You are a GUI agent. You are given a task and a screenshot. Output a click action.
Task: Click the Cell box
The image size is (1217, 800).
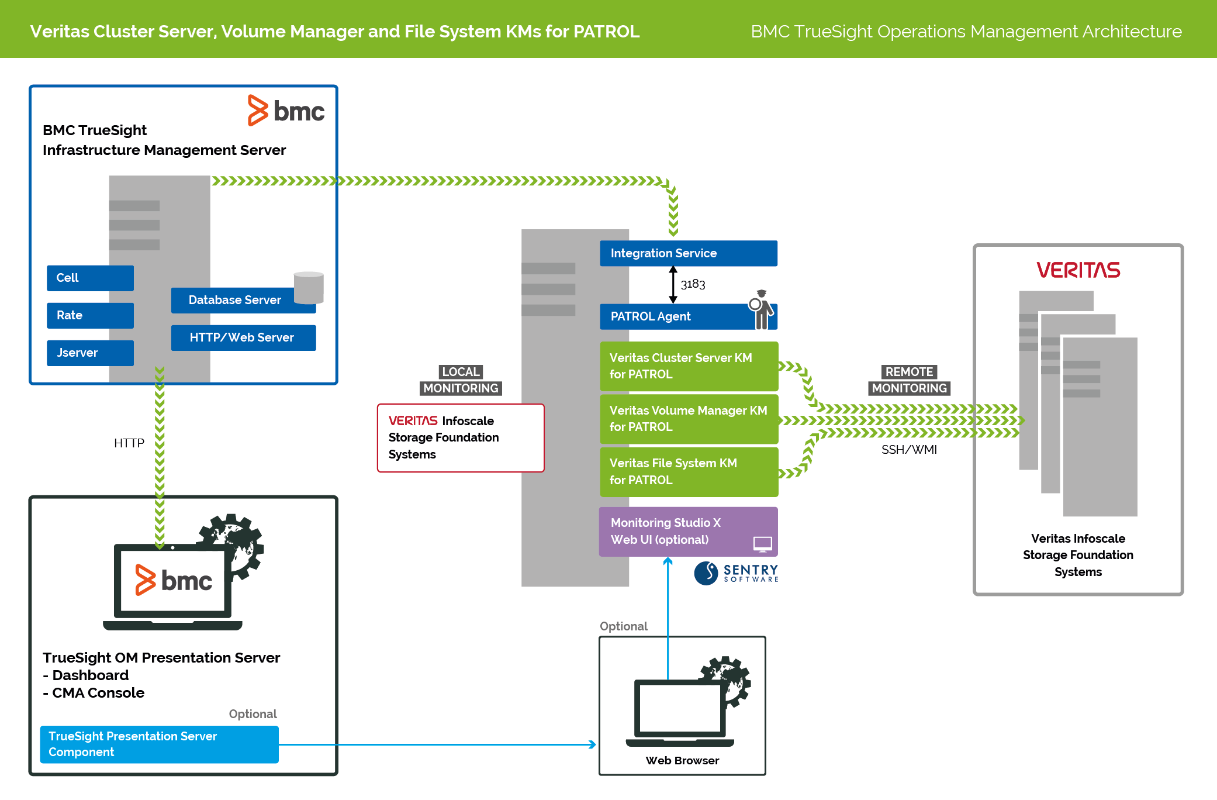pos(90,278)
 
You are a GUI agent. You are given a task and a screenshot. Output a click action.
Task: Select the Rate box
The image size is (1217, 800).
pos(90,315)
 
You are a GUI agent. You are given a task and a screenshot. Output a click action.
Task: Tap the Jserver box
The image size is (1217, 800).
pos(90,353)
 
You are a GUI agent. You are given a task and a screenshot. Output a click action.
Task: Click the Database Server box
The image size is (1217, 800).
pos(234,300)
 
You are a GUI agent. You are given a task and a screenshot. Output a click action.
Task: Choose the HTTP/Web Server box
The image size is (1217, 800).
pos(243,337)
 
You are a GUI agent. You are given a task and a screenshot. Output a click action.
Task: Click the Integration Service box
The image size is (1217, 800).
pos(688,253)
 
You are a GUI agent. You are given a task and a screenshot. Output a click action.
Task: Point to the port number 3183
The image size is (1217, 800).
pos(693,284)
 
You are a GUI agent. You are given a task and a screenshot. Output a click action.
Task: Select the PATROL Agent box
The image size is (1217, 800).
pos(672,316)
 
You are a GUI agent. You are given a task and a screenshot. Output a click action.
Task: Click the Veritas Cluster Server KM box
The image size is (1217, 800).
pos(689,366)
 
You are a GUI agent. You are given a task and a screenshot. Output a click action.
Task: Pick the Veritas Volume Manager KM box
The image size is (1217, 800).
pos(689,419)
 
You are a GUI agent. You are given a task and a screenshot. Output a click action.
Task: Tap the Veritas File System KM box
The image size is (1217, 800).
pos(689,471)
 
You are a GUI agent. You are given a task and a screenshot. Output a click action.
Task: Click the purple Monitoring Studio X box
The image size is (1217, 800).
pos(687,531)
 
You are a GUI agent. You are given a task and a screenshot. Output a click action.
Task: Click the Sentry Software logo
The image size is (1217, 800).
pos(736,573)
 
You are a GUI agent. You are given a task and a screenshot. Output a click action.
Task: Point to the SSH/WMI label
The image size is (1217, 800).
pos(909,450)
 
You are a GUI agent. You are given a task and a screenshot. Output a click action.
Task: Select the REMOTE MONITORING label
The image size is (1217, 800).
pos(909,380)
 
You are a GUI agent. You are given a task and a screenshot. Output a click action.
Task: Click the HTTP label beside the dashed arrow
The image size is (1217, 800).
pos(129,443)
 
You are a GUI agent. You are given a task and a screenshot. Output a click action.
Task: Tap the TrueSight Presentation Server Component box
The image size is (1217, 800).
pos(159,744)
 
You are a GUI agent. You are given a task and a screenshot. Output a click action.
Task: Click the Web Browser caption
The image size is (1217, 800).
pos(682,760)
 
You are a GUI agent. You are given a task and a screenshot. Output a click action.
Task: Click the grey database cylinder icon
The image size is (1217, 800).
pos(309,287)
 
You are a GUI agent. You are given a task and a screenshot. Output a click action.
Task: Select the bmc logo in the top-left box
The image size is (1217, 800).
pos(286,111)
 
